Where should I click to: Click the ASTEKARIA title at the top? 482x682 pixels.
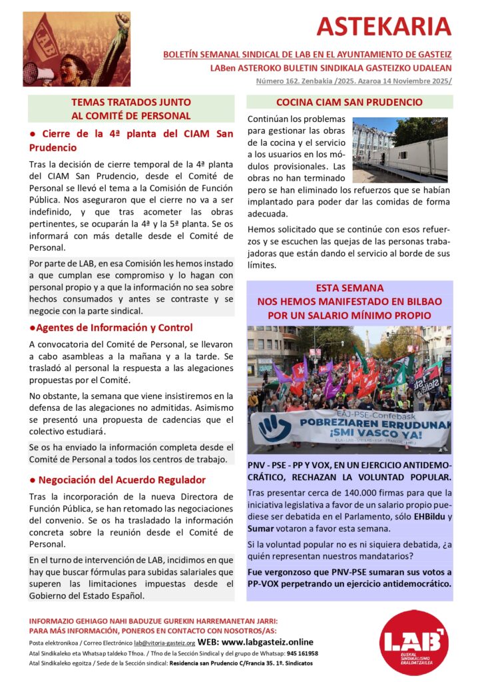pyautogui.click(x=383, y=26)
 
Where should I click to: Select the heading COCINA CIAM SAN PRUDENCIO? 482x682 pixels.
pyautogui.click(x=350, y=103)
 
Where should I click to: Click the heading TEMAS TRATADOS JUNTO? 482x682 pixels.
pyautogui.click(x=131, y=102)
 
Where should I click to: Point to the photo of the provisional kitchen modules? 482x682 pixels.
pyautogui.click(x=399, y=149)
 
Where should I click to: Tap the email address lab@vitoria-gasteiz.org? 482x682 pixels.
pyautogui.click(x=164, y=643)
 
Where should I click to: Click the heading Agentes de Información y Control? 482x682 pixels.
pyautogui.click(x=114, y=328)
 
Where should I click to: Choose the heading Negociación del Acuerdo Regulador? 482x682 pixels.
pyautogui.click(x=122, y=480)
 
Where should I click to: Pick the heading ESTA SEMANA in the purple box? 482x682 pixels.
pyautogui.click(x=350, y=288)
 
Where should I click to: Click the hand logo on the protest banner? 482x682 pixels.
pyautogui.click(x=274, y=426)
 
